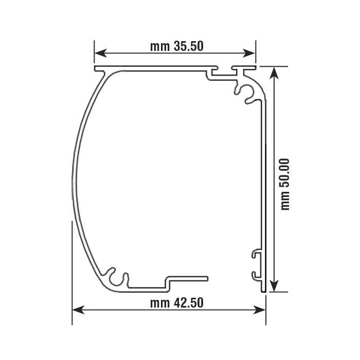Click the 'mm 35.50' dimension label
pyautogui.click(x=177, y=46)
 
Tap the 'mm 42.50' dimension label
pyautogui.click(x=177, y=302)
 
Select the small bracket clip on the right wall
pyautogui.click(x=256, y=264)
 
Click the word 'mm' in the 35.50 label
pyautogui.click(x=158, y=46)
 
